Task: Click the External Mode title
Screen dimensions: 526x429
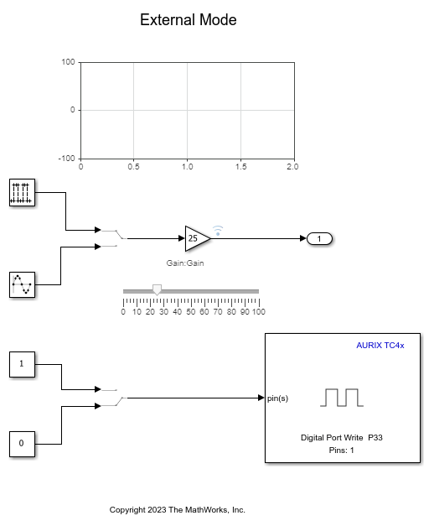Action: pos(188,20)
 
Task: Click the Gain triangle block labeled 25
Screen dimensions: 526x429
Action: pos(196,238)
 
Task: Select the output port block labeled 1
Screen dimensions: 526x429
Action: pos(320,239)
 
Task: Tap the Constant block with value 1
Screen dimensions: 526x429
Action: pos(22,365)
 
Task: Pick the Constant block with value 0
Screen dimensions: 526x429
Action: pos(22,443)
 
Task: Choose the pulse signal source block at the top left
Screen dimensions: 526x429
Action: pos(22,192)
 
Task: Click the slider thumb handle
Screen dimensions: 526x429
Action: pos(157,290)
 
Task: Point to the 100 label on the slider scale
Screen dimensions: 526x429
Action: pos(258,312)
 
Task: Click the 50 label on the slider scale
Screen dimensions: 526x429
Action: pos(191,312)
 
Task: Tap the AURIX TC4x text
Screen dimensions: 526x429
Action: pos(380,346)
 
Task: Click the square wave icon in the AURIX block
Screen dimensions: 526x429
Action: pos(342,397)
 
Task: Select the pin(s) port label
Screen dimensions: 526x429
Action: pos(278,398)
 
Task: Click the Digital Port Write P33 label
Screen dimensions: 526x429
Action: pos(342,437)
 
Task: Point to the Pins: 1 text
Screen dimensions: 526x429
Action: pos(342,450)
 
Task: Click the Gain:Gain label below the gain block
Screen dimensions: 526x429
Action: pos(185,263)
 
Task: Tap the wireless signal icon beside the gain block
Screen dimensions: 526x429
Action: pos(218,228)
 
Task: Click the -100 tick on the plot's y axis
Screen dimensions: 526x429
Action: pos(66,158)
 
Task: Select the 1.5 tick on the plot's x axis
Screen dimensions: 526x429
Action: pos(240,167)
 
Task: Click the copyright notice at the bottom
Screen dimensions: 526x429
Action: pos(178,509)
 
